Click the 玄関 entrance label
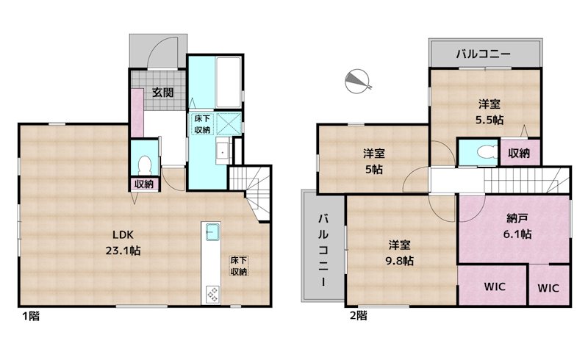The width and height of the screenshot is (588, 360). click(x=162, y=93)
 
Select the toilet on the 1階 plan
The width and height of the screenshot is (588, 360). click(x=144, y=162)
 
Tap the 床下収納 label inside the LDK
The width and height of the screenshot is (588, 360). click(x=238, y=266)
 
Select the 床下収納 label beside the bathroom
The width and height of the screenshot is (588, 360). click(x=202, y=123)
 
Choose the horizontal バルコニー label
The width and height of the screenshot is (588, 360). click(x=483, y=54)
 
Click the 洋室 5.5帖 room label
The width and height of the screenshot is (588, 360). click(x=487, y=111)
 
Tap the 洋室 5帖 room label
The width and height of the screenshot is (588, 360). click(x=374, y=161)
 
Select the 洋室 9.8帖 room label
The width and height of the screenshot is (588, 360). click(x=401, y=252)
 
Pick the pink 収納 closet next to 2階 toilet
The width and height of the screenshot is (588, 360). click(x=519, y=153)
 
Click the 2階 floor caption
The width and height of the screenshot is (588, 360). click(x=358, y=316)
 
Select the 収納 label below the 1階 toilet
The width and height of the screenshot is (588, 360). click(x=143, y=184)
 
